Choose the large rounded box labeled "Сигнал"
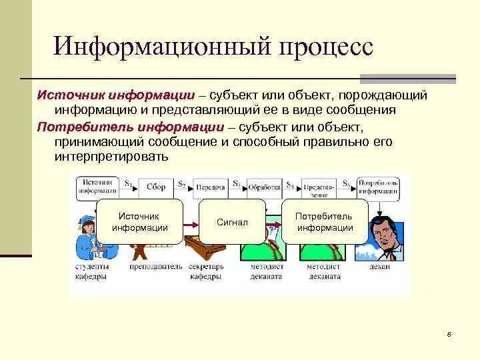point(232,222)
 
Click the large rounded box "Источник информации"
point(139,222)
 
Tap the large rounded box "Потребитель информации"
point(325,222)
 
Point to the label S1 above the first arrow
point(127,181)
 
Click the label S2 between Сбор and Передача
point(181,181)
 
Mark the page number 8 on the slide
point(449,334)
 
